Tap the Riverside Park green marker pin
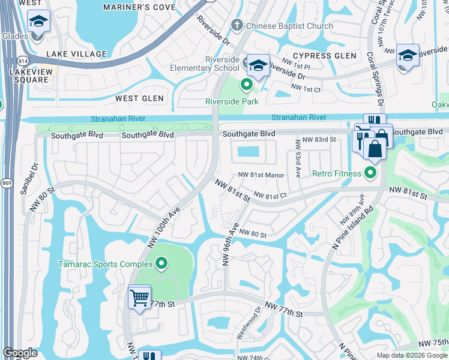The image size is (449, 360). [x=246, y=85]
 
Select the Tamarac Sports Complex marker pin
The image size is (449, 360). [x=161, y=263]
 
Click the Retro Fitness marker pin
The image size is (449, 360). [x=370, y=174]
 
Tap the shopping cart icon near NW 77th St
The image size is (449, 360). [x=139, y=297]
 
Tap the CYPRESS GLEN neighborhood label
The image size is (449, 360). [x=324, y=56]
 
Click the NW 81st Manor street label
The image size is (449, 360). [x=261, y=175]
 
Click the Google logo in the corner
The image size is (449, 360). [x=20, y=353]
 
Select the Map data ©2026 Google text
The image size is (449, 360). [x=411, y=355]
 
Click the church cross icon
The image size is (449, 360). [x=238, y=26]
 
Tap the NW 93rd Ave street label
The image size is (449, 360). [x=297, y=159]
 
